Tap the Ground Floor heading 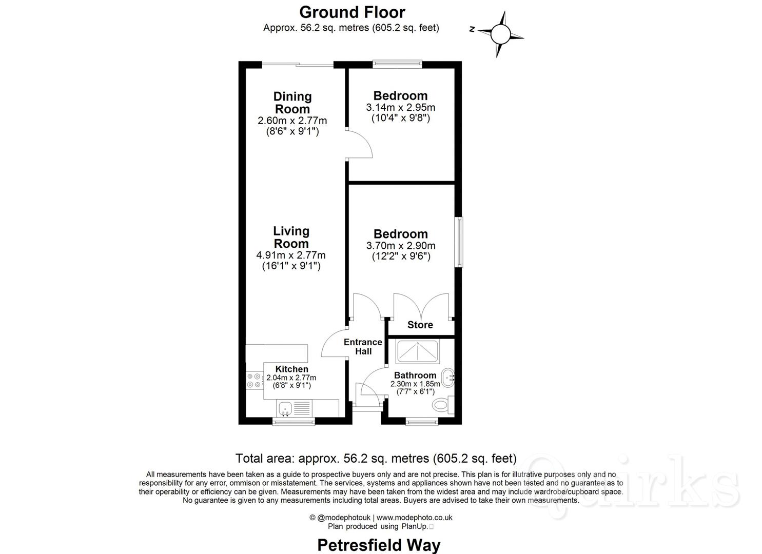[x=352, y=12]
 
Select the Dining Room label [x=292, y=103]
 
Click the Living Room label [x=291, y=238]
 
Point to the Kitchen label [x=291, y=369]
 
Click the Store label [x=420, y=325]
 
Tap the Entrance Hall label [x=363, y=347]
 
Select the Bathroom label [x=415, y=375]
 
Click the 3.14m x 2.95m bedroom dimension [x=400, y=108]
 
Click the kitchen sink [x=285, y=409]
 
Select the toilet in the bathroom [x=441, y=405]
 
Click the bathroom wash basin [x=448, y=378]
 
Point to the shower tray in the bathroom [x=417, y=351]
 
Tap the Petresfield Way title [x=379, y=545]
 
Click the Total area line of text [x=376, y=458]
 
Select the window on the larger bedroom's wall [x=459, y=242]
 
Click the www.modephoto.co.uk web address [x=415, y=518]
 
